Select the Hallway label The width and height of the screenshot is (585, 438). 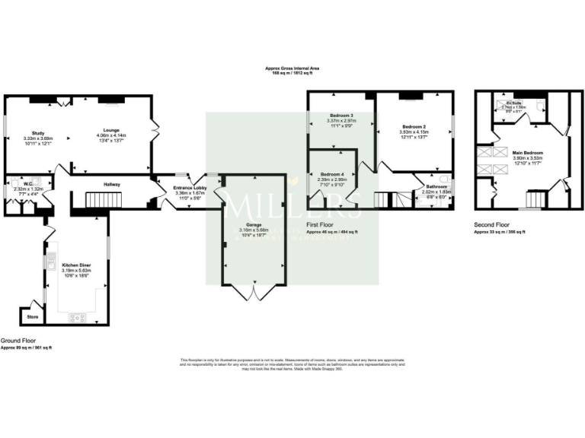pyautogui.click(x=113, y=183)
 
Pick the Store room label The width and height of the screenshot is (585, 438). pyautogui.click(x=32, y=316)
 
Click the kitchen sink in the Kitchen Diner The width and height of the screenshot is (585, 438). pyautogui.click(x=50, y=265)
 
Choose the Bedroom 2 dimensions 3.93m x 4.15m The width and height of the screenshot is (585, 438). pyautogui.click(x=414, y=132)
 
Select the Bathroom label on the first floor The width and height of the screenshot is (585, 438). pyautogui.click(x=436, y=186)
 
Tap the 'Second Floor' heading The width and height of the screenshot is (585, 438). pyautogui.click(x=491, y=225)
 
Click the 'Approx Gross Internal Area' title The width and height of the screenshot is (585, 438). pyautogui.click(x=292, y=68)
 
